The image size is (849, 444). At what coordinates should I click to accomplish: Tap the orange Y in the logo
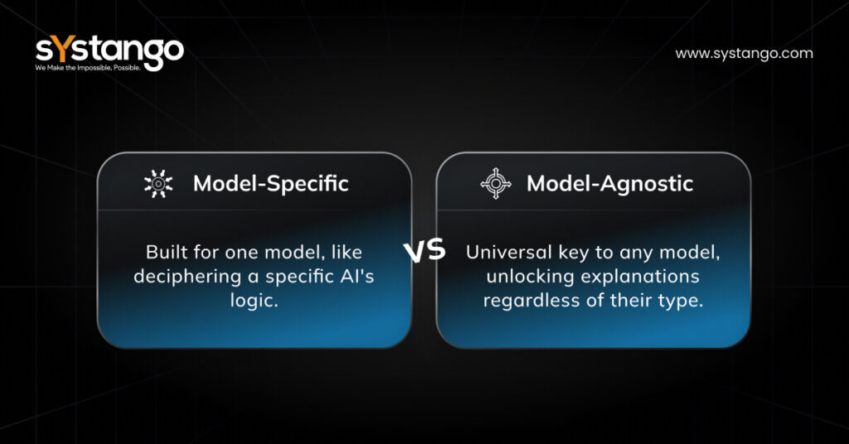[x=64, y=49]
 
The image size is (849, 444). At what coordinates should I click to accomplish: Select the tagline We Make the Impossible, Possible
[x=88, y=68]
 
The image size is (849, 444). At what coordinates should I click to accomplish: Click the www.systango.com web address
[x=744, y=54]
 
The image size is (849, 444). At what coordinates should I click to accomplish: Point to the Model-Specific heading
[x=271, y=184]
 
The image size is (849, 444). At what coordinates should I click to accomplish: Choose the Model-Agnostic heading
[x=609, y=184]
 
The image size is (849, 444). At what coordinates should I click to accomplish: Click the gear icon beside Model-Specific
[x=158, y=183]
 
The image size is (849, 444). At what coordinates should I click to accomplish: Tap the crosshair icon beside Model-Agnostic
[x=496, y=183]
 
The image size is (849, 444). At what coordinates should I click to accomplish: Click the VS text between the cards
[x=424, y=251]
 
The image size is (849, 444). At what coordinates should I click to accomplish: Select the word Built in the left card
[x=167, y=252]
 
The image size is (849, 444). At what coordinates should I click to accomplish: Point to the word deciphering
[x=187, y=277]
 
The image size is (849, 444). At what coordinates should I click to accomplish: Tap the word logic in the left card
[x=254, y=301]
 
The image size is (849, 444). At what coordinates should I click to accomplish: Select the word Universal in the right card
[x=509, y=252]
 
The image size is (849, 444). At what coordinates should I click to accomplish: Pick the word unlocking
[x=530, y=277]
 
